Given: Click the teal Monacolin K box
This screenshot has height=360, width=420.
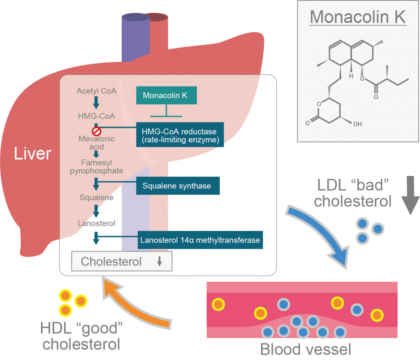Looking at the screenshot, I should pyautogui.click(x=166, y=95).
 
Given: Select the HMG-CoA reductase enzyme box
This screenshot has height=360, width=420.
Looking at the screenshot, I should pyautogui.click(x=180, y=135).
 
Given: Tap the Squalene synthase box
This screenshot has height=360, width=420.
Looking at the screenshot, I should pyautogui.click(x=178, y=186).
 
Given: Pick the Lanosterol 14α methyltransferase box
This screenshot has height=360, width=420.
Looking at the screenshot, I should pyautogui.click(x=200, y=240).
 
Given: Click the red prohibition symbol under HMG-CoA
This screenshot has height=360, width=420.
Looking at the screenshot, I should pyautogui.click(x=96, y=132).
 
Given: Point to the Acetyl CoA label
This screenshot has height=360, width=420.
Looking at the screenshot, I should pyautogui.click(x=96, y=91).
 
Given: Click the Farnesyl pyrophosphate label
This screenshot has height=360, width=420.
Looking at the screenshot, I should pyautogui.click(x=96, y=167).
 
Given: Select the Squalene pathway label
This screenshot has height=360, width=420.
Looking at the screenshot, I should pyautogui.click(x=96, y=198).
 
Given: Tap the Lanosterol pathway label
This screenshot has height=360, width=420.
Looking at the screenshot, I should pyautogui.click(x=96, y=223).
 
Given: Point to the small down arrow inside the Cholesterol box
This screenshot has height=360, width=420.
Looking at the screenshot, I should pyautogui.click(x=159, y=262).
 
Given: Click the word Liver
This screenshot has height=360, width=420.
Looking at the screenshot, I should pyautogui.click(x=32, y=154).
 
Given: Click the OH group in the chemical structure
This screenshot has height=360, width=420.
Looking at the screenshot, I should pyautogui.click(x=357, y=124).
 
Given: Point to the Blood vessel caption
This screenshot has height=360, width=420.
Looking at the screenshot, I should pyautogui.click(x=305, y=349).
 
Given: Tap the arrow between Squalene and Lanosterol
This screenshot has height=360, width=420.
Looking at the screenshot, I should pyautogui.click(x=96, y=211).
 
